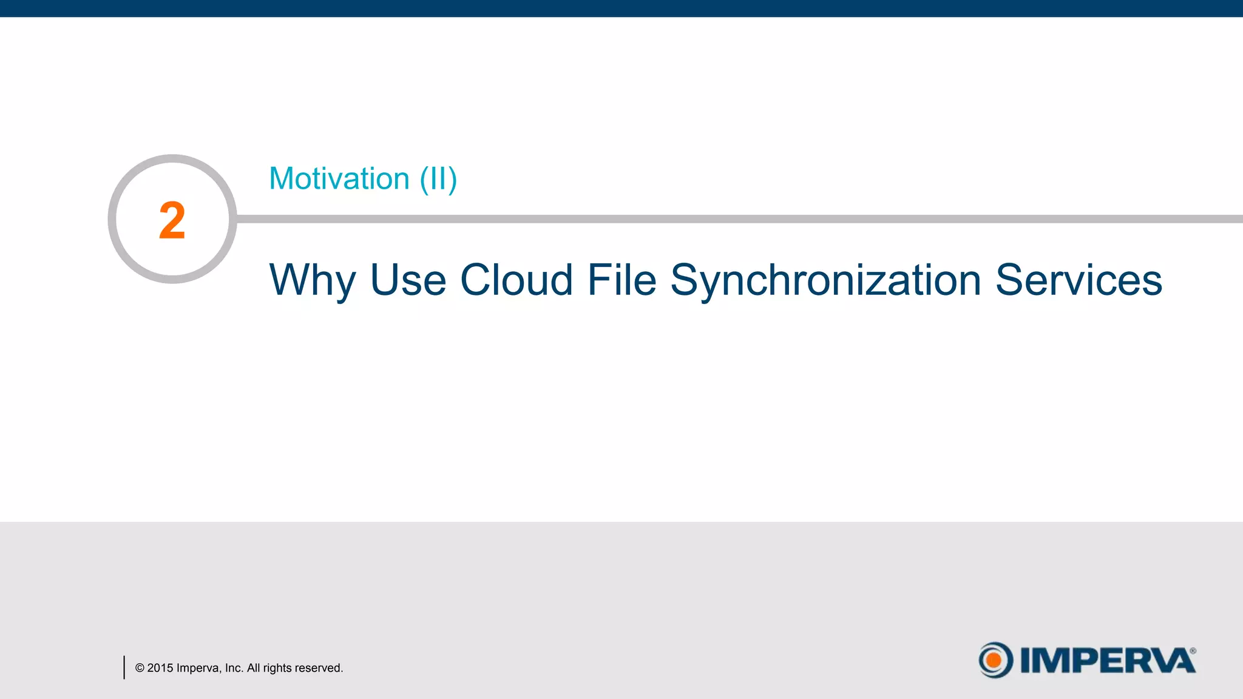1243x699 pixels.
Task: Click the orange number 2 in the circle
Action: click(x=172, y=220)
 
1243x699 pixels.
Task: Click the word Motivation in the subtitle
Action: click(x=339, y=179)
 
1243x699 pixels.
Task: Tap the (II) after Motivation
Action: click(x=438, y=180)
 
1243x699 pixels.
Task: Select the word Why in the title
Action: click(x=312, y=281)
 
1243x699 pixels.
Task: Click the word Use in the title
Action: click(x=408, y=280)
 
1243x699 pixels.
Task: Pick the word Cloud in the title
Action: click(x=516, y=280)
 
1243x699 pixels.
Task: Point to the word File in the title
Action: click(x=621, y=280)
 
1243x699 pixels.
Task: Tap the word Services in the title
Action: click(x=1079, y=280)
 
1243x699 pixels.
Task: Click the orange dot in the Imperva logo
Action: click(x=994, y=660)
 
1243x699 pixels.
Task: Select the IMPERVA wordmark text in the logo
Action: click(x=1107, y=661)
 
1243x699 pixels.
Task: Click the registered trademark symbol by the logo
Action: click(x=1193, y=651)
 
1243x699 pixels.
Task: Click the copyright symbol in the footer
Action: click(x=140, y=668)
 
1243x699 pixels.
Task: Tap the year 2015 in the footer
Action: click(x=160, y=668)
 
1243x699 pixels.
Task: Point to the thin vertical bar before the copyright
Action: click(x=124, y=667)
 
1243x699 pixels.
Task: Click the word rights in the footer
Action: click(x=277, y=668)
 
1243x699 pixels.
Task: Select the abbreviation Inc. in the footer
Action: click(x=234, y=668)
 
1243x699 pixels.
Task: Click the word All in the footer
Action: click(x=253, y=668)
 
